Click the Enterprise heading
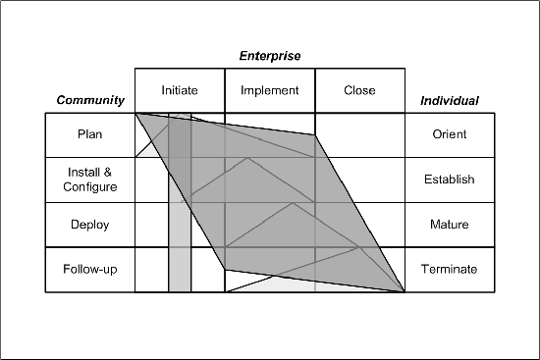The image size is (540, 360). [270, 56]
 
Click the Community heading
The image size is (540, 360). [90, 100]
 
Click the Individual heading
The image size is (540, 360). [450, 100]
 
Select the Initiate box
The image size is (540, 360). [180, 90]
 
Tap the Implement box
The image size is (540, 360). [269, 90]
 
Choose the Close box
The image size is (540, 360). [359, 90]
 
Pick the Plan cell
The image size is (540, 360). [89, 134]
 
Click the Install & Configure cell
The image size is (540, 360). [89, 180]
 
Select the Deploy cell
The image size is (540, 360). [89, 225]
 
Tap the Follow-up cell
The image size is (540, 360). [89, 269]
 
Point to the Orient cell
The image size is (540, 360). [450, 134]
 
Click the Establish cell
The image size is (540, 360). [450, 180]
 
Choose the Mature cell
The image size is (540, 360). [450, 225]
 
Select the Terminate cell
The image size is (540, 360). [450, 269]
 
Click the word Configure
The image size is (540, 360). [89, 186]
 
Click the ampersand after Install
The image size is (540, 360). [108, 173]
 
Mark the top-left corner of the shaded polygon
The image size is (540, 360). [136, 114]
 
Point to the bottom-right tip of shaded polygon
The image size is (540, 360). [404, 290]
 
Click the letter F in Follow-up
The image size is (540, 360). [67, 269]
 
